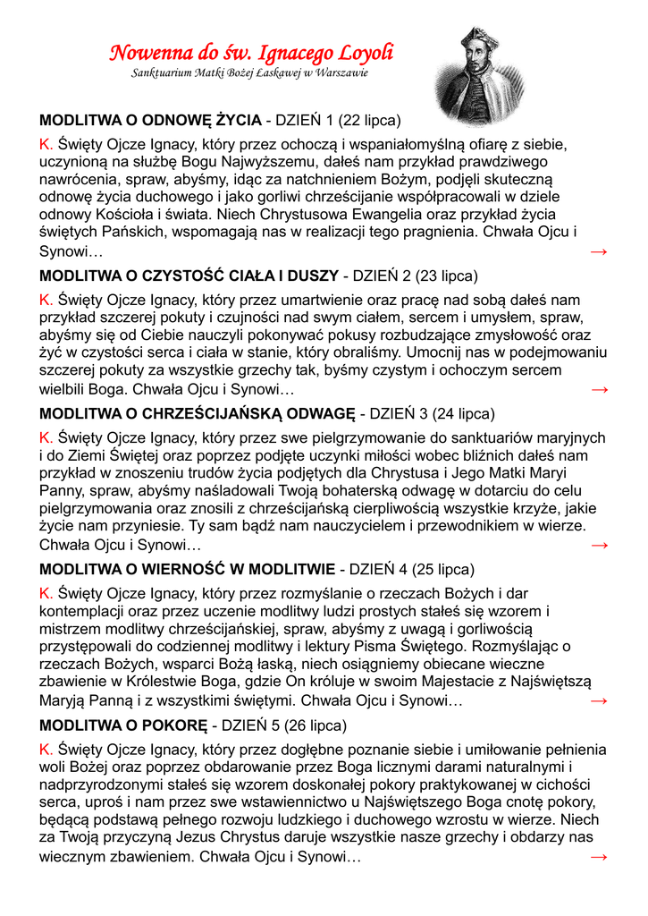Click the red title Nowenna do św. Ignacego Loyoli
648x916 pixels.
pos(251,53)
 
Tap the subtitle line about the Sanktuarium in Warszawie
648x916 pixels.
pos(249,72)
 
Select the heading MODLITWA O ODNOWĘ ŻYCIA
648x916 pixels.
pos(150,120)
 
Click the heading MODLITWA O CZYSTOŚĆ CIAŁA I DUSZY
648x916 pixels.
pos(189,276)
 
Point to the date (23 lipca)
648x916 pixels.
pos(447,276)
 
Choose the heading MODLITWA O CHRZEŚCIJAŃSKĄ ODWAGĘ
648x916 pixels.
pos(198,414)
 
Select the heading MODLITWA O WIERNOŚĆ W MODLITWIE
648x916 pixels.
pos(188,569)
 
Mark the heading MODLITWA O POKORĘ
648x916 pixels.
pos(123,725)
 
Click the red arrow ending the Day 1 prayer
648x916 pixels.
pos(599,252)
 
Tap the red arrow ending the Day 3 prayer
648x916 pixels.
pos(599,545)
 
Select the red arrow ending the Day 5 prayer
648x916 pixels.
pos(599,857)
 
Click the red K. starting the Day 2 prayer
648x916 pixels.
pos(46,300)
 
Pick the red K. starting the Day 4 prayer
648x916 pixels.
pos(46,593)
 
